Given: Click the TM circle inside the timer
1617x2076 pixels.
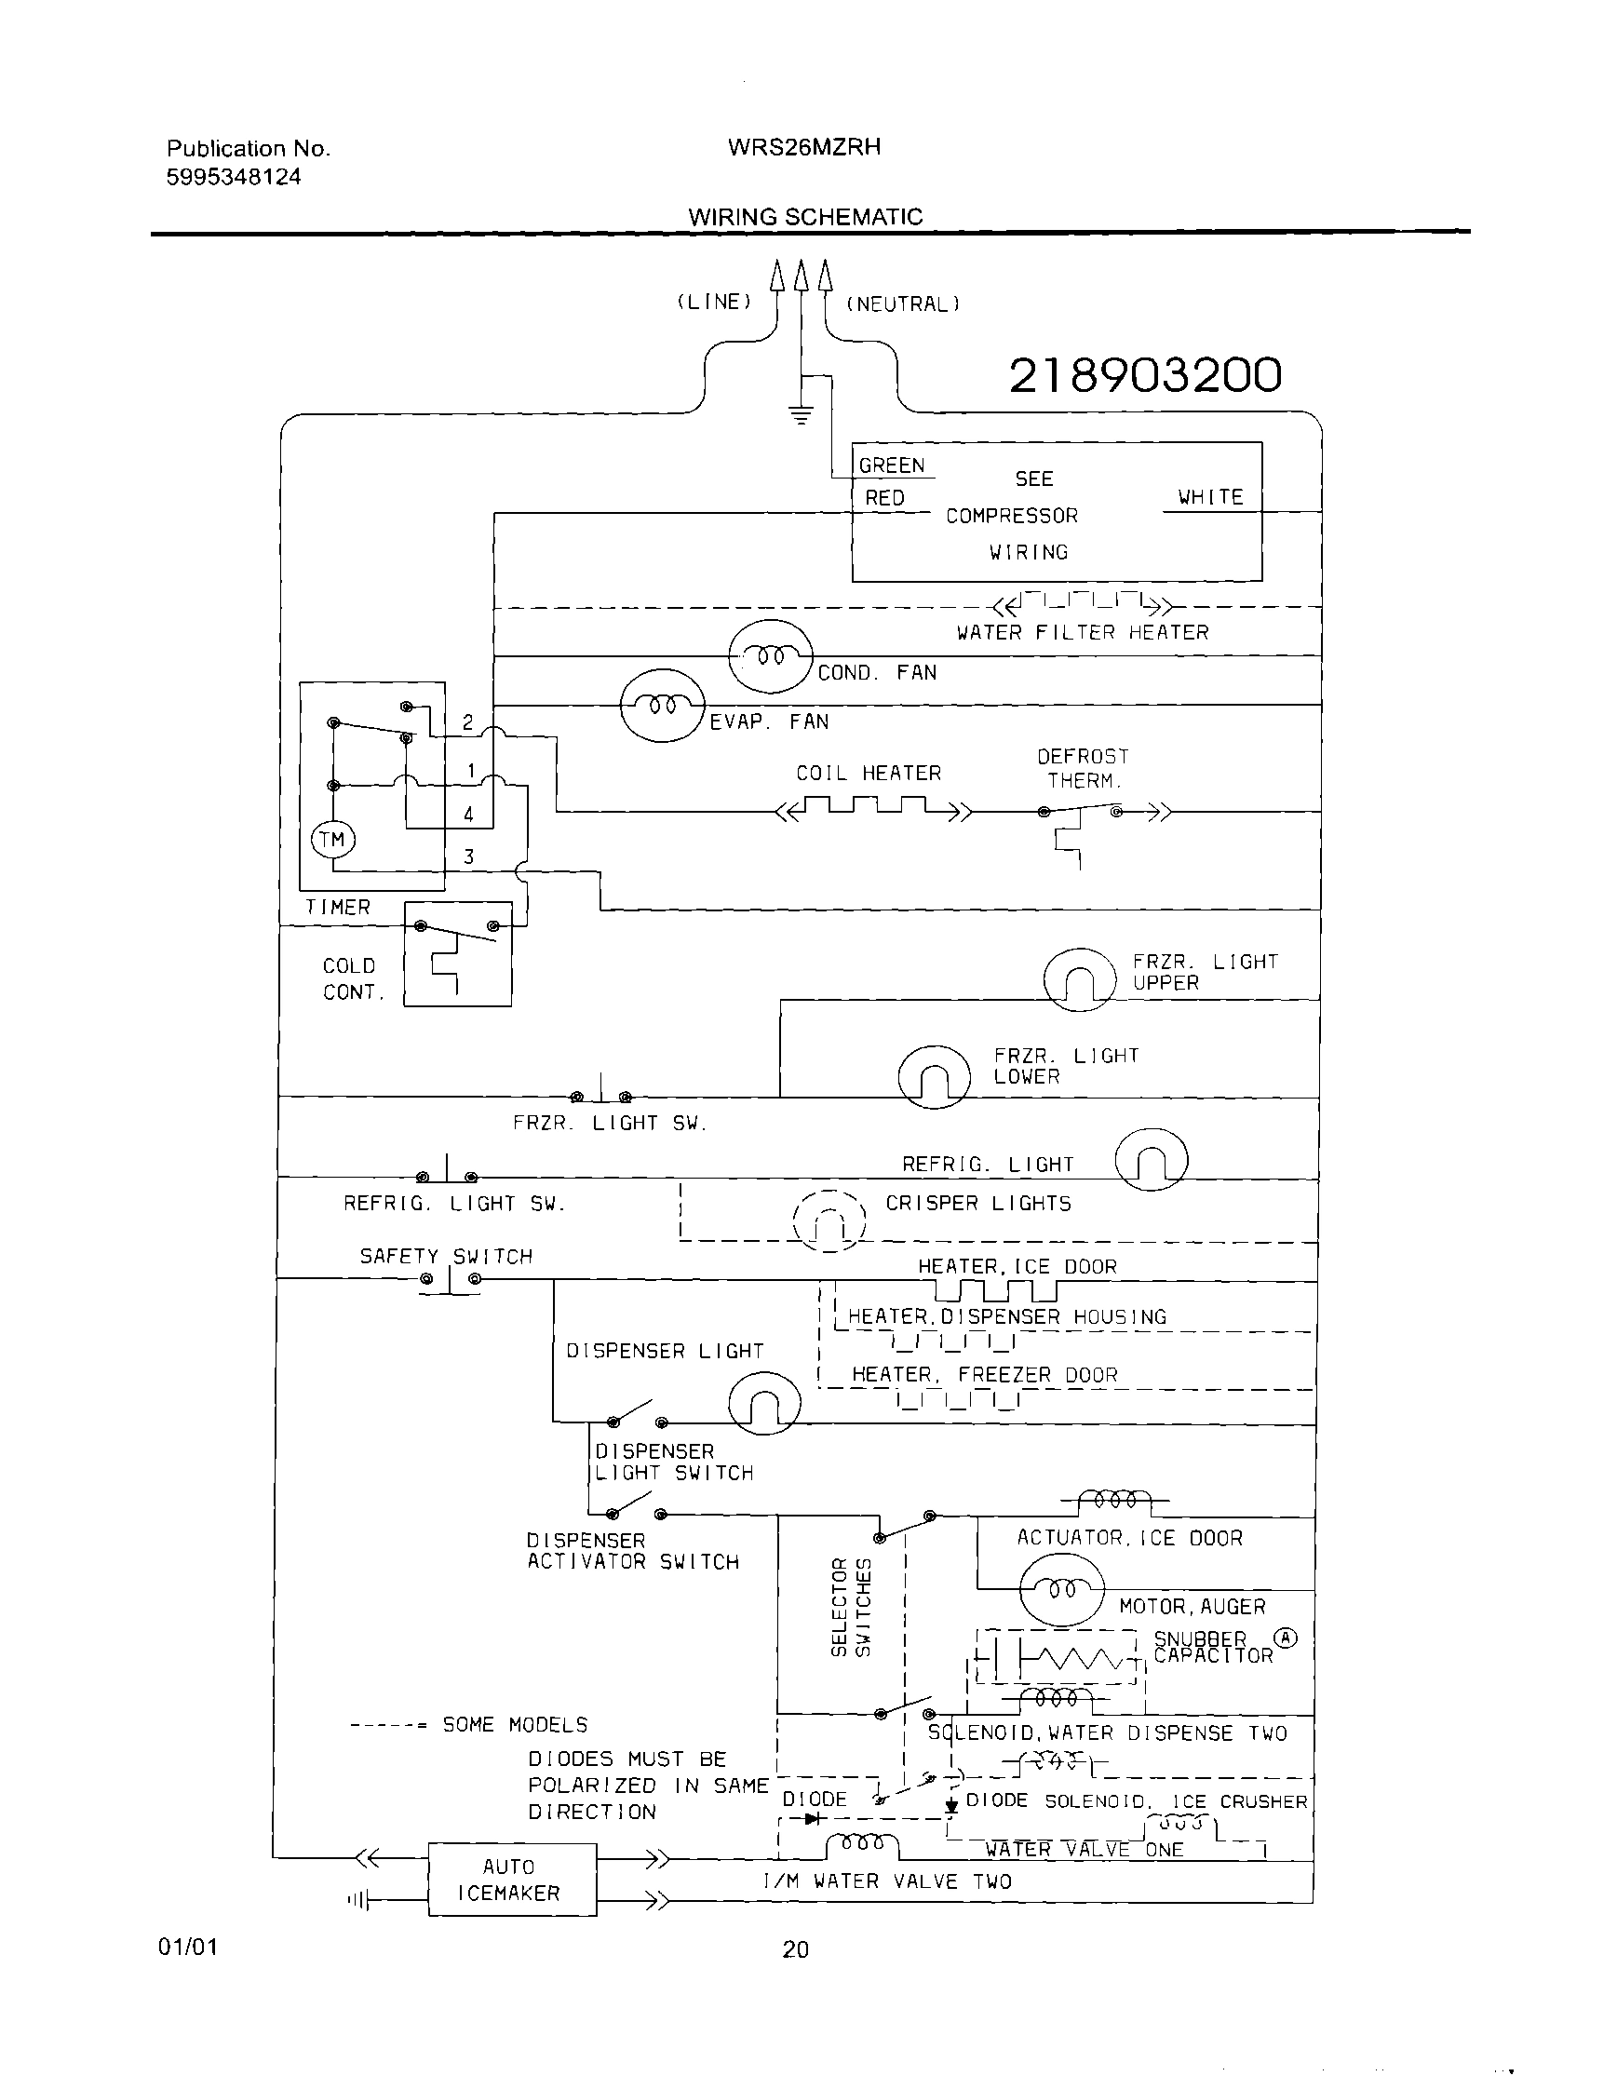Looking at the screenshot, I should tap(331, 840).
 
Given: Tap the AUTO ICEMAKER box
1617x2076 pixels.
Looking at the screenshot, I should tap(511, 1880).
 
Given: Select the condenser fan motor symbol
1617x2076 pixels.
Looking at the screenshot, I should tap(771, 657).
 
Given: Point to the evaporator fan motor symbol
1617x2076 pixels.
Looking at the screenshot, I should tap(663, 706).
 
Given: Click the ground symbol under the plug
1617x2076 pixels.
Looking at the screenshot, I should tap(802, 414).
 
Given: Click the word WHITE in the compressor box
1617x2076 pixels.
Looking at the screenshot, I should tap(1210, 497).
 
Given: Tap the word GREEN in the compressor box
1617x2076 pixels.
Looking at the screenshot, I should tap(891, 465).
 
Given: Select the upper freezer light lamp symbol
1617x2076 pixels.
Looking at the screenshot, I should tap(1079, 980).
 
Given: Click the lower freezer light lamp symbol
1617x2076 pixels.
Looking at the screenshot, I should tap(934, 1077).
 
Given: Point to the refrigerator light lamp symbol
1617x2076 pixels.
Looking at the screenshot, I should tap(1151, 1160).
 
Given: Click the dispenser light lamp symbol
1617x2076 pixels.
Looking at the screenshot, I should tap(764, 1405).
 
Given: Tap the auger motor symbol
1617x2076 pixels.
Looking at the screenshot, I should tap(1062, 1589).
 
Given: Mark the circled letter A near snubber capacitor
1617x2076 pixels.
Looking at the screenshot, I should tap(1286, 1638).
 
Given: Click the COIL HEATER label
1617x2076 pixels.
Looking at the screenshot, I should tap(868, 774).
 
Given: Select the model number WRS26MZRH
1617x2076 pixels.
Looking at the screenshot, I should tap(804, 147).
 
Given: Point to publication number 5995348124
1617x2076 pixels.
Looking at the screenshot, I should tap(234, 177).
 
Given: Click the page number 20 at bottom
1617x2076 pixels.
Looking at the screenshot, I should tap(796, 1949).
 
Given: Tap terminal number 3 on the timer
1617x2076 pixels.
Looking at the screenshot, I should tap(468, 856).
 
